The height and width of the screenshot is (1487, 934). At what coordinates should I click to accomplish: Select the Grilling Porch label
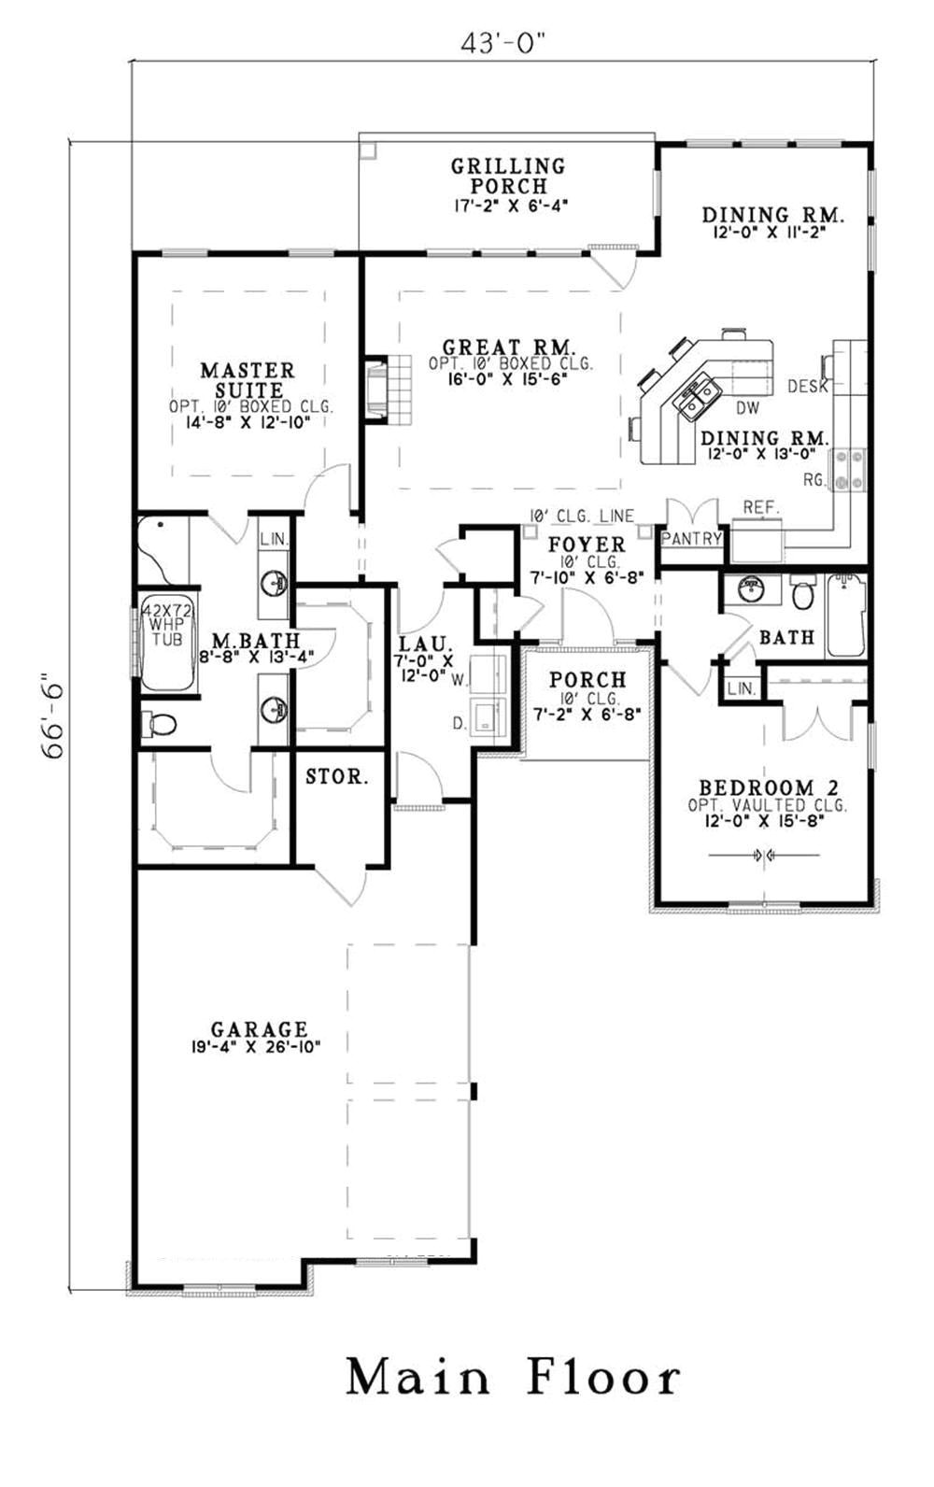point(508,176)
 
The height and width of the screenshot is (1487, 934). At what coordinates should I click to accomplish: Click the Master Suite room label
point(248,380)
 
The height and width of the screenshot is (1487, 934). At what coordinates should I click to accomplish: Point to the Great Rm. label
point(509,347)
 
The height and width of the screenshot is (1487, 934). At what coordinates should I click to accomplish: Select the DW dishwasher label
point(747,408)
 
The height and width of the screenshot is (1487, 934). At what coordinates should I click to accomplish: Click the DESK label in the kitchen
point(808,386)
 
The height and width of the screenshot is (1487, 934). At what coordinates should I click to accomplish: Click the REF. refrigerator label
point(760,507)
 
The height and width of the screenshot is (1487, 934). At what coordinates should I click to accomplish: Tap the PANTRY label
point(692,538)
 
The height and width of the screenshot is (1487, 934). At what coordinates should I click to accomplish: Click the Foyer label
point(587,545)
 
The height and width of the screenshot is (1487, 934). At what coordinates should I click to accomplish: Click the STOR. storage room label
point(337,776)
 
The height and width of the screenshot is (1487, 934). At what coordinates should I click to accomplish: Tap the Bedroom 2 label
point(769,788)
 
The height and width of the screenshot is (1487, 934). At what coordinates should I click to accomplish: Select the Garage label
point(260,1029)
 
